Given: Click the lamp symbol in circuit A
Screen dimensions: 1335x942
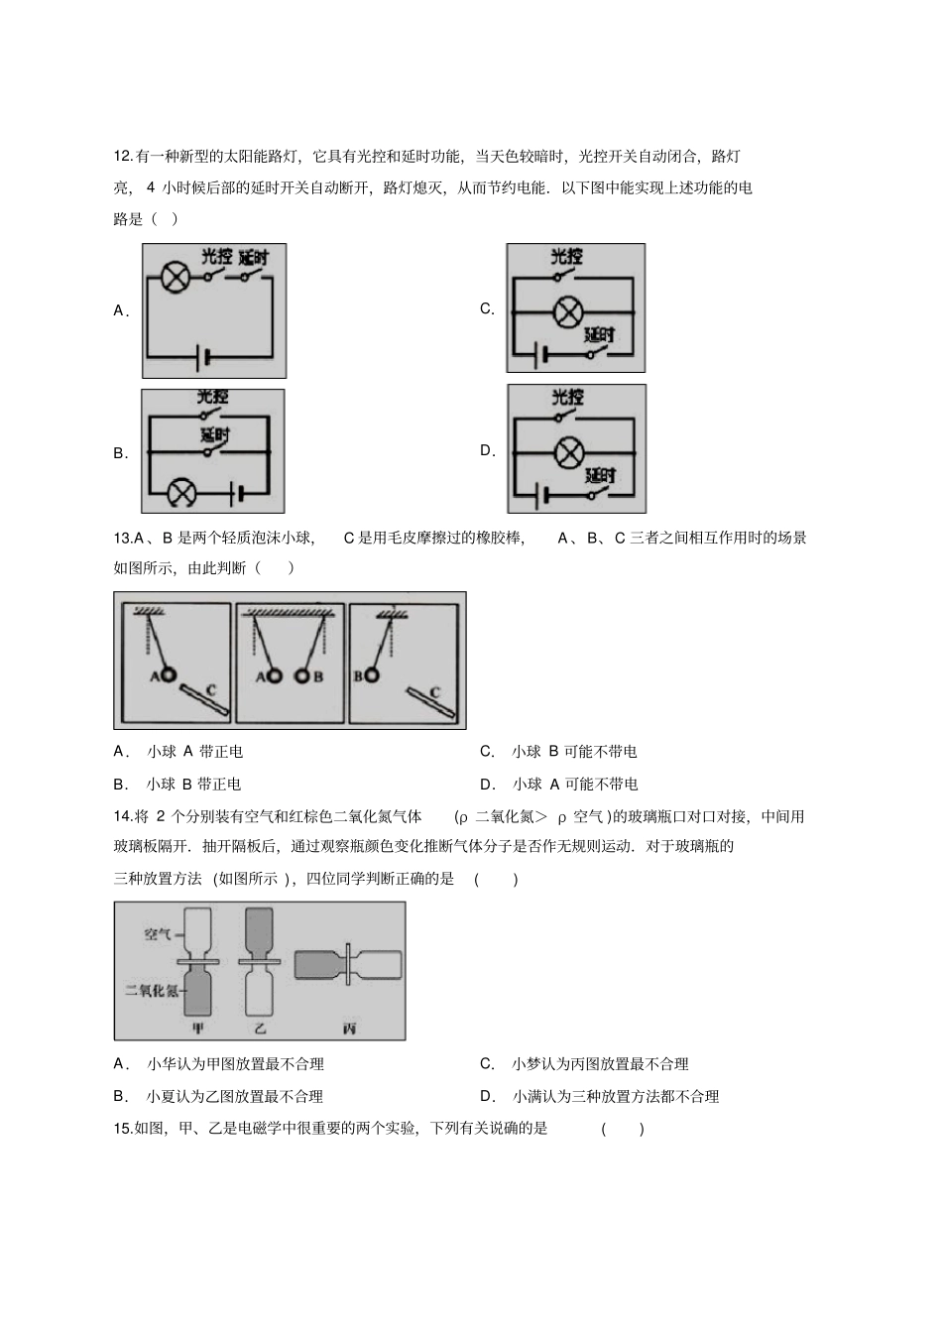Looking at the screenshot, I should pyautogui.click(x=176, y=278).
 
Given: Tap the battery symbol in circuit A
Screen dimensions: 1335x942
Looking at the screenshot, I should pyautogui.click(x=205, y=356).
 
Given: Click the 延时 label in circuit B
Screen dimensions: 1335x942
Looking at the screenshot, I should pyautogui.click(x=214, y=435).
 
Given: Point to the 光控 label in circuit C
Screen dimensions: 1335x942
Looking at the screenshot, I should pyautogui.click(x=567, y=257).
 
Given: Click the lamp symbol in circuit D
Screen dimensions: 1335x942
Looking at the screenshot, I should pyautogui.click(x=567, y=452).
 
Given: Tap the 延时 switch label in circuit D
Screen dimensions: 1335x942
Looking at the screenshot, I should pyautogui.click(x=599, y=475).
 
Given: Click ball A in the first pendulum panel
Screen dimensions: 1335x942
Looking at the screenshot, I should pyautogui.click(x=170, y=675).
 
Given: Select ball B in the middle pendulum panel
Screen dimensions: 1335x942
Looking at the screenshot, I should pyautogui.click(x=298, y=676).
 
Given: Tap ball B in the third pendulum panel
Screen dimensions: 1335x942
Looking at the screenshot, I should pyautogui.click(x=372, y=675).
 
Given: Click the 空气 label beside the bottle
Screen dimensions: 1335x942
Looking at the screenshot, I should pyautogui.click(x=158, y=933).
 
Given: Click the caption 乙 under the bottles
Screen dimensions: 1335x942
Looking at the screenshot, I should pyautogui.click(x=261, y=1029).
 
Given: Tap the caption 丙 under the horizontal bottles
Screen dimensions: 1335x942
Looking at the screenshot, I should pyautogui.click(x=348, y=1029).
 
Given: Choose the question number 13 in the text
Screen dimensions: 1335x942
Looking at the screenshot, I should pyautogui.click(x=123, y=538).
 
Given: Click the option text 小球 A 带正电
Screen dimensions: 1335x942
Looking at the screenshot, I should pyautogui.click(x=194, y=752).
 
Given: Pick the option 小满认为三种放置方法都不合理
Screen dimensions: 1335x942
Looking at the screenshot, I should pyautogui.click(x=615, y=1096).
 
